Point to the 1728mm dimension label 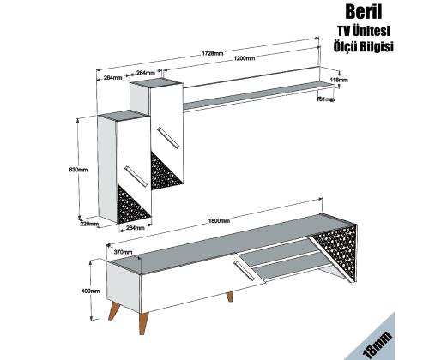click(x=214, y=53)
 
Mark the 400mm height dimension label click(x=90, y=291)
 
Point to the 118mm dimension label click(x=340, y=80)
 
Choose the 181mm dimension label click(x=324, y=99)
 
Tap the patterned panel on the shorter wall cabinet click(x=136, y=202)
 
